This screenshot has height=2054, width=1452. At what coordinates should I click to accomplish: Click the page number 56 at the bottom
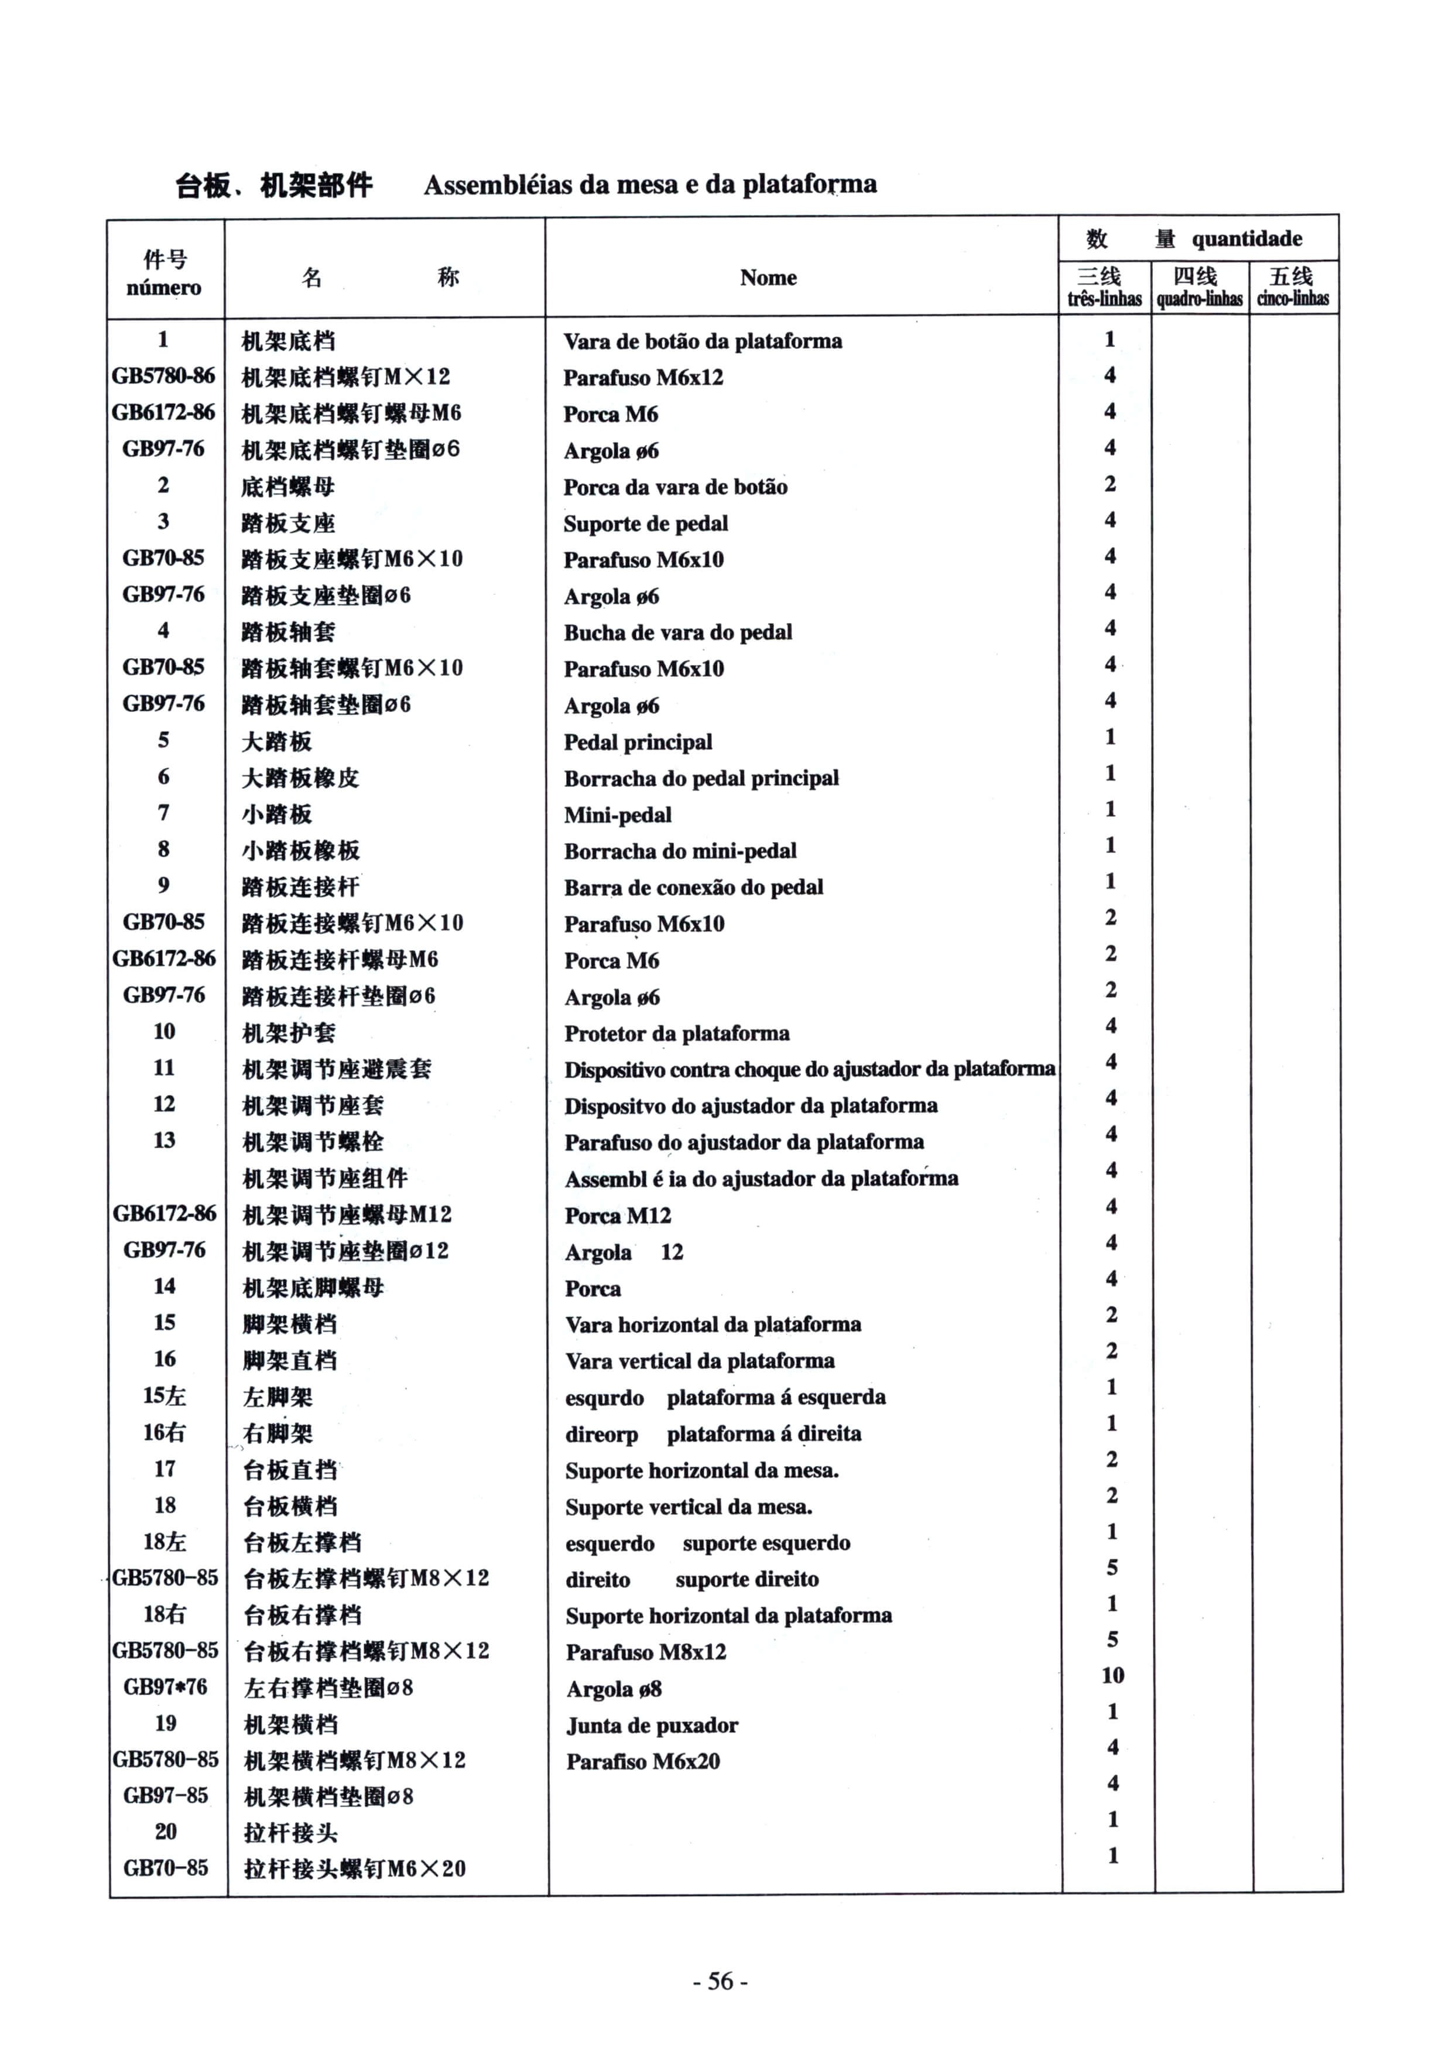point(720,1981)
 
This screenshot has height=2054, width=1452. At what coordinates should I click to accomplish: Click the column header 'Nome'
point(768,278)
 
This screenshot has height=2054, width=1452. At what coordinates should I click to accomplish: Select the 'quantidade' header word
point(1246,239)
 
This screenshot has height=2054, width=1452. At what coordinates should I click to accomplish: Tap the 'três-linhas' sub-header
point(1104,299)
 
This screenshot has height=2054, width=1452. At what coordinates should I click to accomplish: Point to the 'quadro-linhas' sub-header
point(1199,299)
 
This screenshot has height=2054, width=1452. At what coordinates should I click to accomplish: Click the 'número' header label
point(164,288)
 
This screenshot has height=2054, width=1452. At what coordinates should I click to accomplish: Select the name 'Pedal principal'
point(638,742)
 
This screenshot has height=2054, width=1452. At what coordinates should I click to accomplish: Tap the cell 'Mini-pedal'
point(617,815)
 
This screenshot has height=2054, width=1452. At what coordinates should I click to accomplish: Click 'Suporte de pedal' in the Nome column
point(645,523)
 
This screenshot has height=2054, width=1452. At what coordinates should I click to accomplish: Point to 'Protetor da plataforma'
point(676,1033)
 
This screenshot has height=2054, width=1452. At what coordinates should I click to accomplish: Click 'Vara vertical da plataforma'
point(700,1361)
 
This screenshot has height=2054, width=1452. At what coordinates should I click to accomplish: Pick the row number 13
point(165,1140)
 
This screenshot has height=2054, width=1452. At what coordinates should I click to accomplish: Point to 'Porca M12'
point(617,1215)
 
